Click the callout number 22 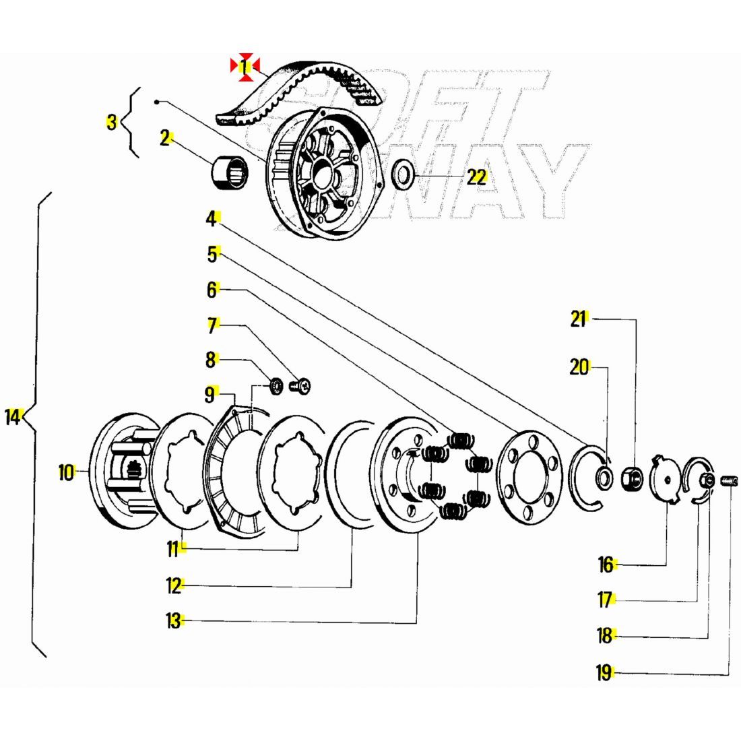pyautogui.click(x=476, y=177)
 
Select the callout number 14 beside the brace pyautogui.click(x=13, y=417)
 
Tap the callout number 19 pyautogui.click(x=604, y=672)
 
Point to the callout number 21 pyautogui.click(x=579, y=319)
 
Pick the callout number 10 pyautogui.click(x=66, y=472)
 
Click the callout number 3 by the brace pyautogui.click(x=112, y=122)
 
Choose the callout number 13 pyautogui.click(x=174, y=620)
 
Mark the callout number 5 pyautogui.click(x=213, y=254)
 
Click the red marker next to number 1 pyautogui.click(x=245, y=67)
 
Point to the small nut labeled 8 pyautogui.click(x=276, y=386)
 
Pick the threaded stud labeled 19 pyautogui.click(x=729, y=481)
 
